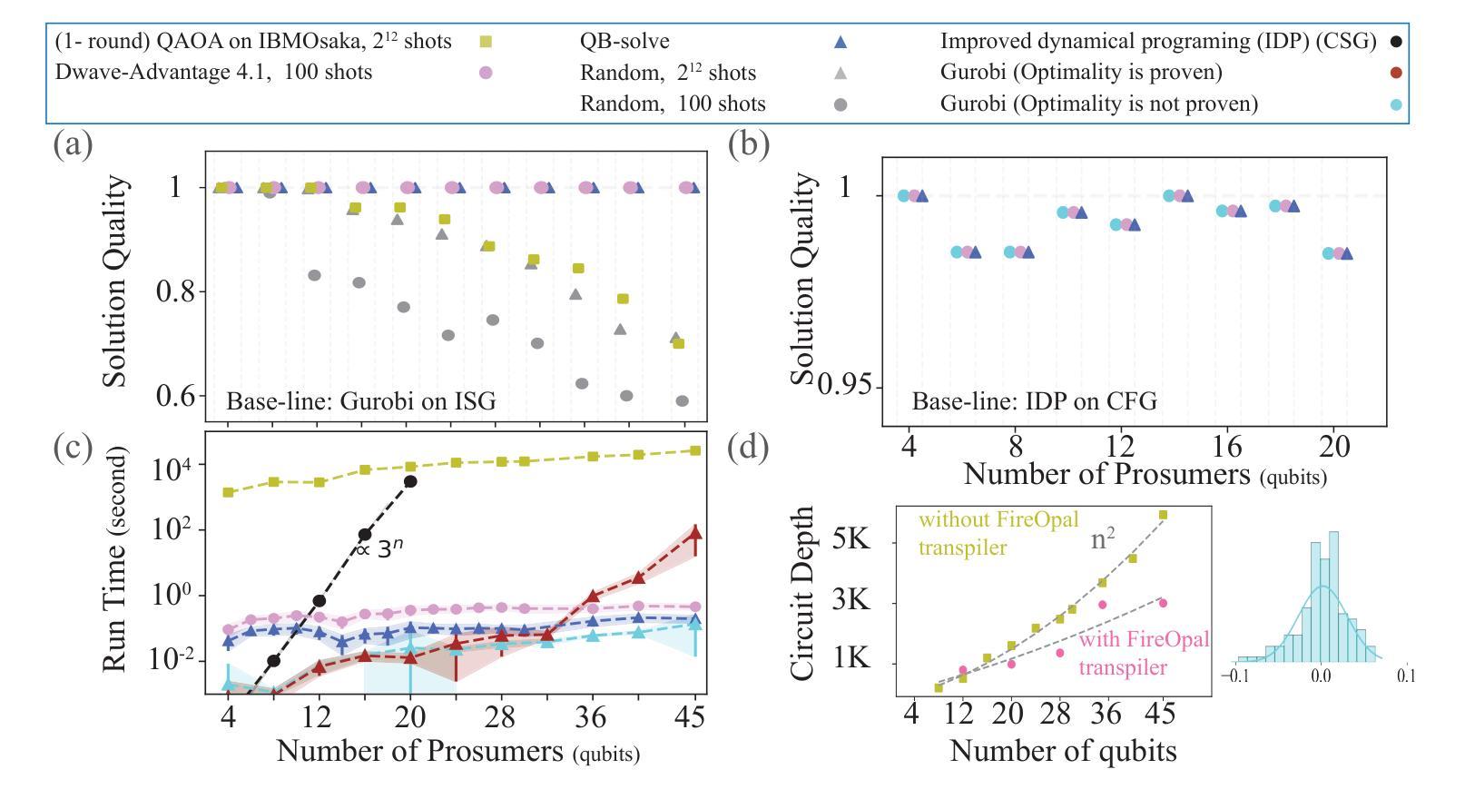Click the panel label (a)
(x=73, y=144)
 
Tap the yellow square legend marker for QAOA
(x=486, y=42)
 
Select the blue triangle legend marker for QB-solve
(x=841, y=42)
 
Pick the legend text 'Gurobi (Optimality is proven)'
(x=1081, y=72)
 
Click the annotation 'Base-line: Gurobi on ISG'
(x=360, y=400)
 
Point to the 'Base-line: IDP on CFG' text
(x=1034, y=400)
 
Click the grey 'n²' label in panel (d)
(x=1102, y=542)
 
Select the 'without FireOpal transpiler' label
(x=998, y=534)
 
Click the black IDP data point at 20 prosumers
(x=410, y=481)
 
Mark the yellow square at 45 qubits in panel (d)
(x=1163, y=515)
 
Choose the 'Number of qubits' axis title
(x=1063, y=752)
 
